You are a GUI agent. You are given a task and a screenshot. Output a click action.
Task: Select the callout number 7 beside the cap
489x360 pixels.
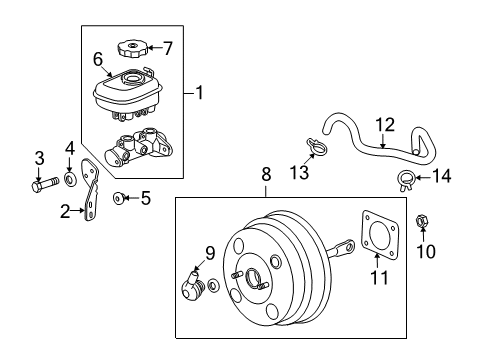pos(167,47)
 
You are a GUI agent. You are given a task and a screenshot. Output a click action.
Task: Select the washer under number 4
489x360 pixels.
pos(71,180)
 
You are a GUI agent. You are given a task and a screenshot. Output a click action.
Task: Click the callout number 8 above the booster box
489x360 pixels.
pos(266,173)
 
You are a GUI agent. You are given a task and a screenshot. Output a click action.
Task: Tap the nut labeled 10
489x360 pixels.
pos(421,244)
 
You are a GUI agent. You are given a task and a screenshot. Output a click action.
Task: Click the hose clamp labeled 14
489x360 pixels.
pos(407,180)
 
